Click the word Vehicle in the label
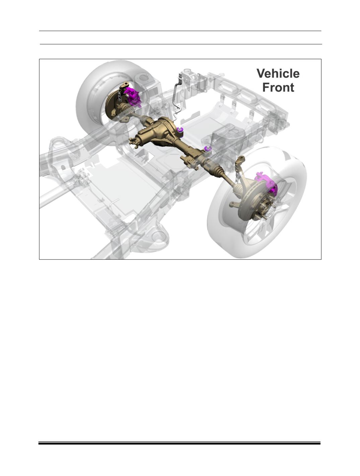click(x=278, y=74)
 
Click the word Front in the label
click(x=278, y=87)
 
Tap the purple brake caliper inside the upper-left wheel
click(x=132, y=96)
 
